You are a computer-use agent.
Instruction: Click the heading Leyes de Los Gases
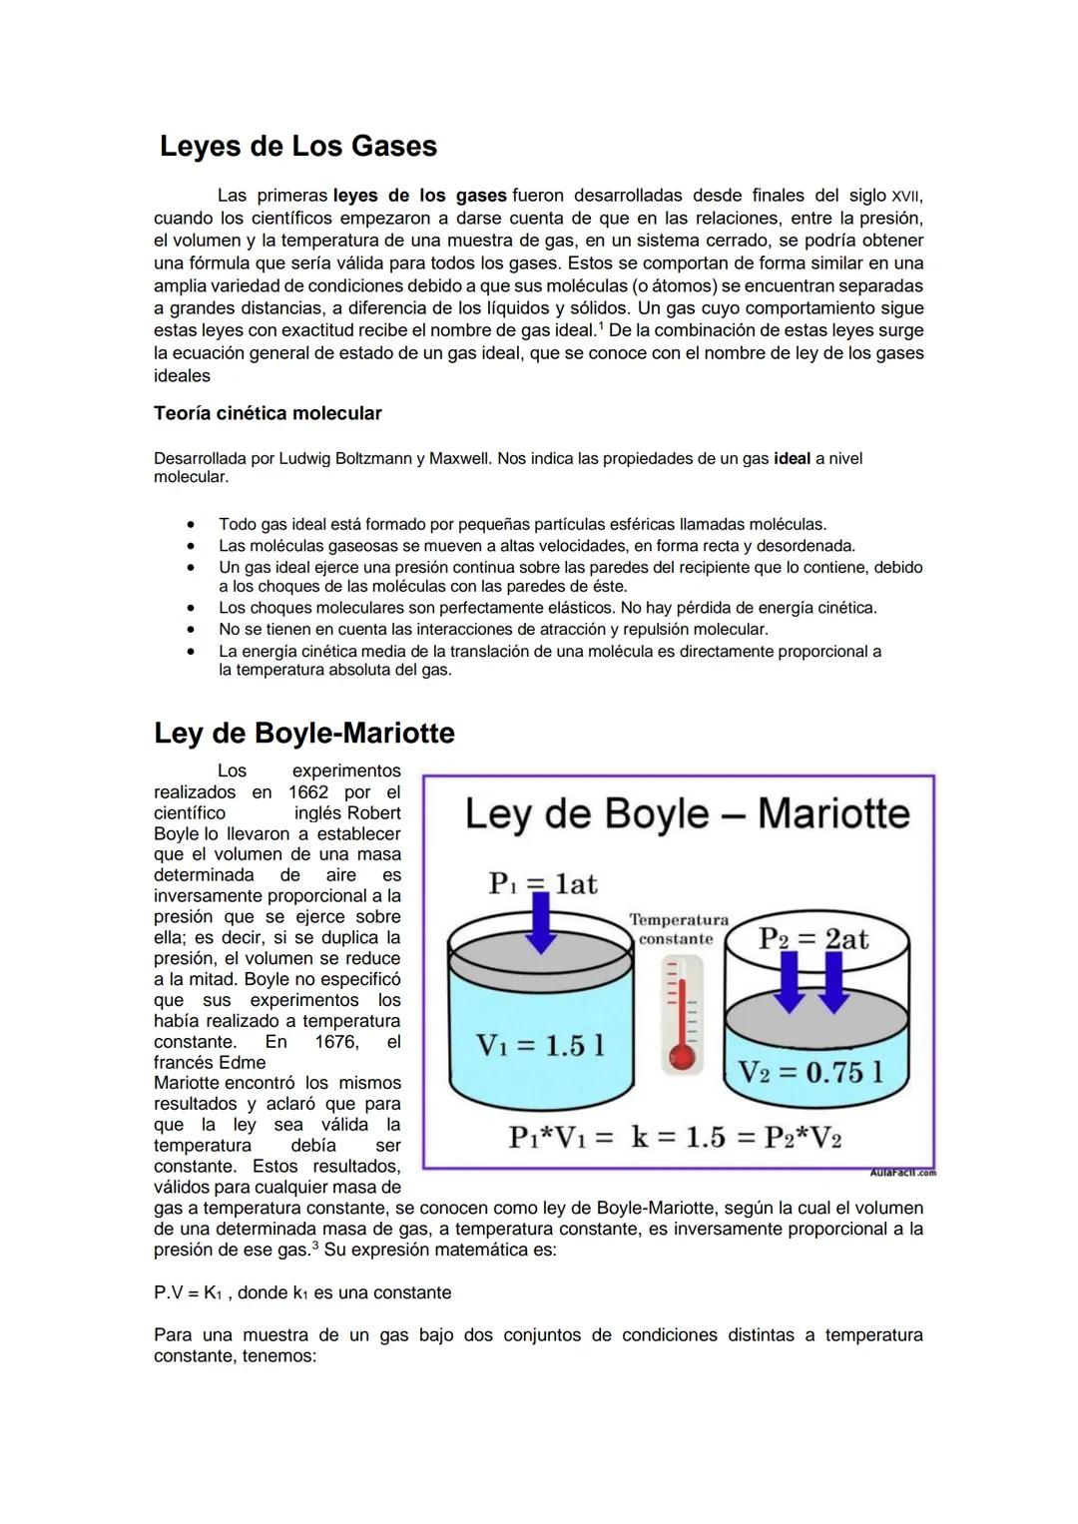click(297, 147)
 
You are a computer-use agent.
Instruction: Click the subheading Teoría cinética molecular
click(268, 413)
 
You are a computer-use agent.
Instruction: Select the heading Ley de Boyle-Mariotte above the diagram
click(303, 734)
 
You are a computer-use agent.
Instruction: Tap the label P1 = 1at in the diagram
click(542, 883)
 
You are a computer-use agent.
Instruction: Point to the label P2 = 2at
click(813, 938)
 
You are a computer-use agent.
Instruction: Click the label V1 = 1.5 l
click(540, 1045)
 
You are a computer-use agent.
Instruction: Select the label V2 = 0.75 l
click(810, 1072)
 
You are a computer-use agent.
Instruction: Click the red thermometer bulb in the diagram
click(682, 1056)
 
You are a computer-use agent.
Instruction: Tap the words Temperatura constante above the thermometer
click(679, 929)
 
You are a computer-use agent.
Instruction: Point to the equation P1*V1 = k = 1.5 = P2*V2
click(676, 1138)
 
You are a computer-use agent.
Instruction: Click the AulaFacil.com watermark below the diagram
click(902, 1173)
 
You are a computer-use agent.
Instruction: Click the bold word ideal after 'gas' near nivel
click(792, 459)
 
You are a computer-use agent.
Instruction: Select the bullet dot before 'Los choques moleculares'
click(189, 608)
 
